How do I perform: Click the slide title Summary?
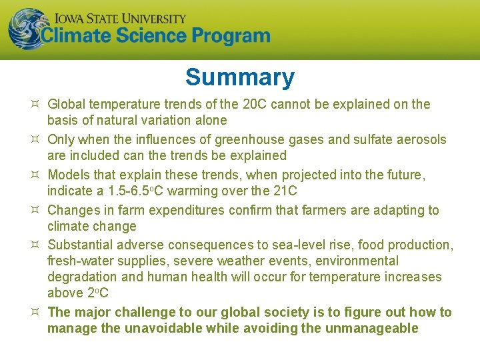tap(239, 77)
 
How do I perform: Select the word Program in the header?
tap(231, 36)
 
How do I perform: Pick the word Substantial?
tap(82, 245)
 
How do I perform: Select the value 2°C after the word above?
tap(98, 293)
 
